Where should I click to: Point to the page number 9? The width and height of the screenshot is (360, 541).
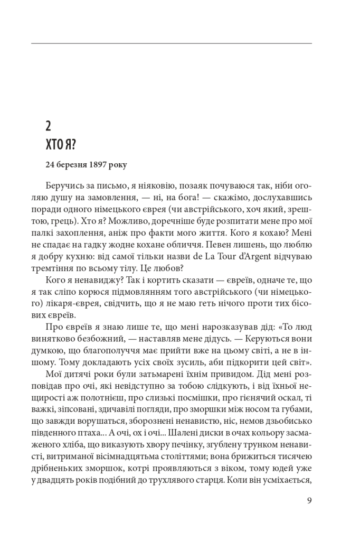click(309, 500)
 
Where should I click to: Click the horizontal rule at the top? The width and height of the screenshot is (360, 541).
click(172, 43)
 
